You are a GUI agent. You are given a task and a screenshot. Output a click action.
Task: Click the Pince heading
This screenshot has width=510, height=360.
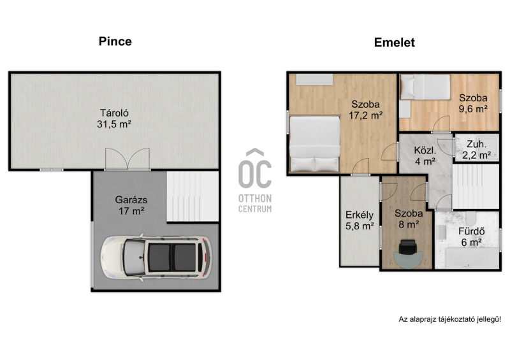(x=115, y=41)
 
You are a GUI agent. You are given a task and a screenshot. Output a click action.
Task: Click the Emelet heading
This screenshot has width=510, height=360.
(x=394, y=42)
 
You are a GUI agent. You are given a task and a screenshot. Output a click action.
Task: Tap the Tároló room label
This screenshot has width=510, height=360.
(x=114, y=113)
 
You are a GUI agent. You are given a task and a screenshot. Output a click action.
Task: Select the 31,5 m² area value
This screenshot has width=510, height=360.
(x=114, y=124)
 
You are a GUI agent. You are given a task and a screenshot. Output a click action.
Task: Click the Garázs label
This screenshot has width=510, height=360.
(x=131, y=199)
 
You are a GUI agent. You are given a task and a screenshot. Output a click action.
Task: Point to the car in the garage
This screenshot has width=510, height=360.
(x=156, y=258)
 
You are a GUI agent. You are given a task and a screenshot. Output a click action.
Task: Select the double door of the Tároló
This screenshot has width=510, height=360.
(x=127, y=159)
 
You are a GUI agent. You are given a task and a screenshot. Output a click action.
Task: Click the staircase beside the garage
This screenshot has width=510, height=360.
(x=193, y=196)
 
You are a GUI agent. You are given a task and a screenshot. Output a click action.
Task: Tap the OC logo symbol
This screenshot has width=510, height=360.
(x=254, y=168)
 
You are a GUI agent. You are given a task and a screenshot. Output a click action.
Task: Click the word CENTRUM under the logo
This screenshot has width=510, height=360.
(x=255, y=209)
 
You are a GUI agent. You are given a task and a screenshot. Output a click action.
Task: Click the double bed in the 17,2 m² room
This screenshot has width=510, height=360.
(x=314, y=144)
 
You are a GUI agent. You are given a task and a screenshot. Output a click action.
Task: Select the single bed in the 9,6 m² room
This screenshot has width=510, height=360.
(x=425, y=87)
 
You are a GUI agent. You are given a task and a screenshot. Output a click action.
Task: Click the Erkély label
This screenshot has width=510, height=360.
(x=360, y=215)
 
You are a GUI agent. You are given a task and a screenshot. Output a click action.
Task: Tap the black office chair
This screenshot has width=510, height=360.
(x=408, y=247)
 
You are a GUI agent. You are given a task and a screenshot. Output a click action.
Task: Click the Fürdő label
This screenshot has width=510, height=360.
(x=471, y=231)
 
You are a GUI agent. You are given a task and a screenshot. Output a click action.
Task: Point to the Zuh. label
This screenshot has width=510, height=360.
(x=476, y=144)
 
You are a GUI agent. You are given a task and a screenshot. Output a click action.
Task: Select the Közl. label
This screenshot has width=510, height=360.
(x=425, y=150)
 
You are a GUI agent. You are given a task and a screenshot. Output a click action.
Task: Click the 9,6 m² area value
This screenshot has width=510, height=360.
(x=473, y=108)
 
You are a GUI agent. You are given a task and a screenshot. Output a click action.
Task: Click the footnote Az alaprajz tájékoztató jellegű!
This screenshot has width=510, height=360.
(x=450, y=319)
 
